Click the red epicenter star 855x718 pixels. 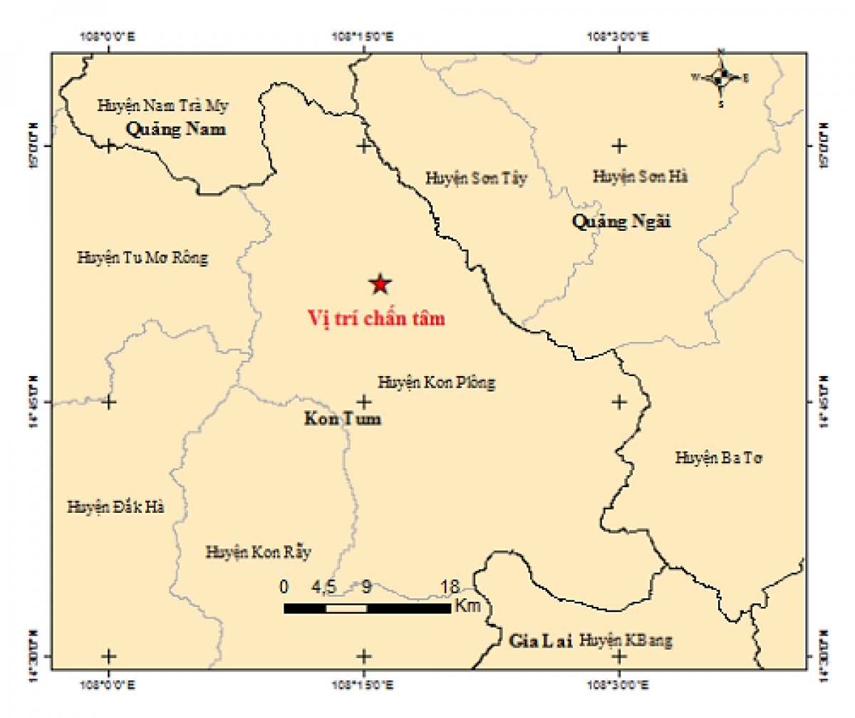pos(380,284)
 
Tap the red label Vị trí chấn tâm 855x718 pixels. pos(375,318)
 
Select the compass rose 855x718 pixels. pos(721,77)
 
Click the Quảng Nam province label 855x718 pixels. pos(175,129)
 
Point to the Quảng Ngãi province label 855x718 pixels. pos(622,222)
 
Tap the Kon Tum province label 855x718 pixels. pos(342,419)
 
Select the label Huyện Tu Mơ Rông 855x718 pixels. pos(142,258)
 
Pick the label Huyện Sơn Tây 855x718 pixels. pos(476,178)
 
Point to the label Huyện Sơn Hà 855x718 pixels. pos(640,175)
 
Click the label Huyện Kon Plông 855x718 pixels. pos(436,383)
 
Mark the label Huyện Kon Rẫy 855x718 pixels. pos(259,551)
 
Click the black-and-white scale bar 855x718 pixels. pos(367,608)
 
